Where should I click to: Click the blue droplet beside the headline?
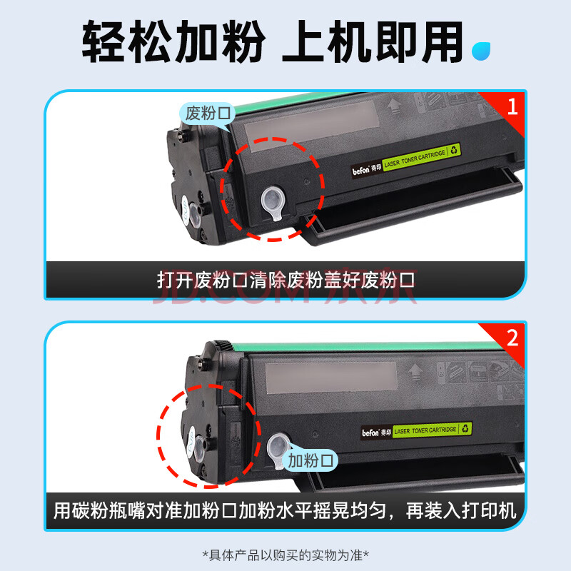(x=480, y=51)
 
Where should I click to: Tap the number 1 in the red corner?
(x=512, y=106)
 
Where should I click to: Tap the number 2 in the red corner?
(x=512, y=338)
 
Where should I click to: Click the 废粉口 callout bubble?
(x=208, y=113)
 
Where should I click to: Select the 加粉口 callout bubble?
(x=310, y=460)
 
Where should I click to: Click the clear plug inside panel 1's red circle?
(x=273, y=203)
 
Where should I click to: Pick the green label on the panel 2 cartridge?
(x=433, y=430)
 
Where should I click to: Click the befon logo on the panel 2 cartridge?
(x=370, y=433)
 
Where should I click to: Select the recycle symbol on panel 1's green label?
(x=454, y=150)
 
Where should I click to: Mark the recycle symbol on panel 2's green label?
(x=465, y=428)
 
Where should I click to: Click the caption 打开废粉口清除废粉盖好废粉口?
(x=286, y=280)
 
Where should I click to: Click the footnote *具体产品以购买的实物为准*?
(x=285, y=555)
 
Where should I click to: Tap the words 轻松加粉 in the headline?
(x=173, y=41)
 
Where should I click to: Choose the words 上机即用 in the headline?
(x=372, y=41)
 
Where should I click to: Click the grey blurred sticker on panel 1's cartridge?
(x=312, y=126)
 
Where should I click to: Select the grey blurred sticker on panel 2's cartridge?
(x=331, y=378)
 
